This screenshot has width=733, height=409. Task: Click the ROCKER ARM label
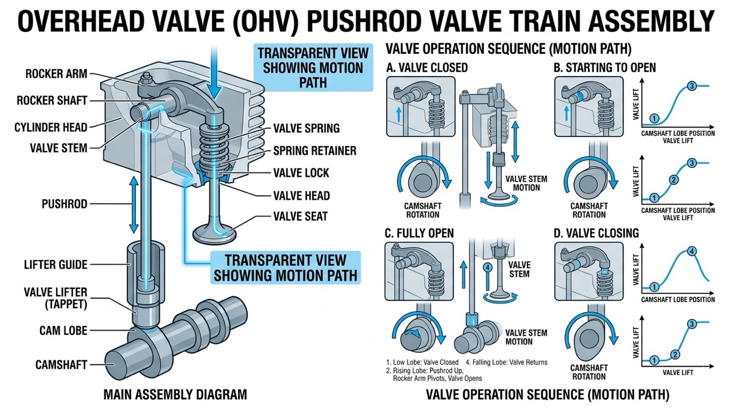point(56,74)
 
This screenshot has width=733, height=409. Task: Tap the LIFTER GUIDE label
point(56,264)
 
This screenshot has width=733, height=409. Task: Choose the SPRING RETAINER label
point(314,151)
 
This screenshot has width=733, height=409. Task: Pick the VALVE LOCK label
point(301,173)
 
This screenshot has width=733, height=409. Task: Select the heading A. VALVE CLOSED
point(427,68)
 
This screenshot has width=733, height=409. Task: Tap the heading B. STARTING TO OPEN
point(605,68)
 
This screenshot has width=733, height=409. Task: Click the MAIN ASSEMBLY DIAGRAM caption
point(175,395)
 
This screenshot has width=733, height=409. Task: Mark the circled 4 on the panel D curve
point(692,251)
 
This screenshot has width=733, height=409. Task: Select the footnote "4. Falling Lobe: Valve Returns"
point(506,362)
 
